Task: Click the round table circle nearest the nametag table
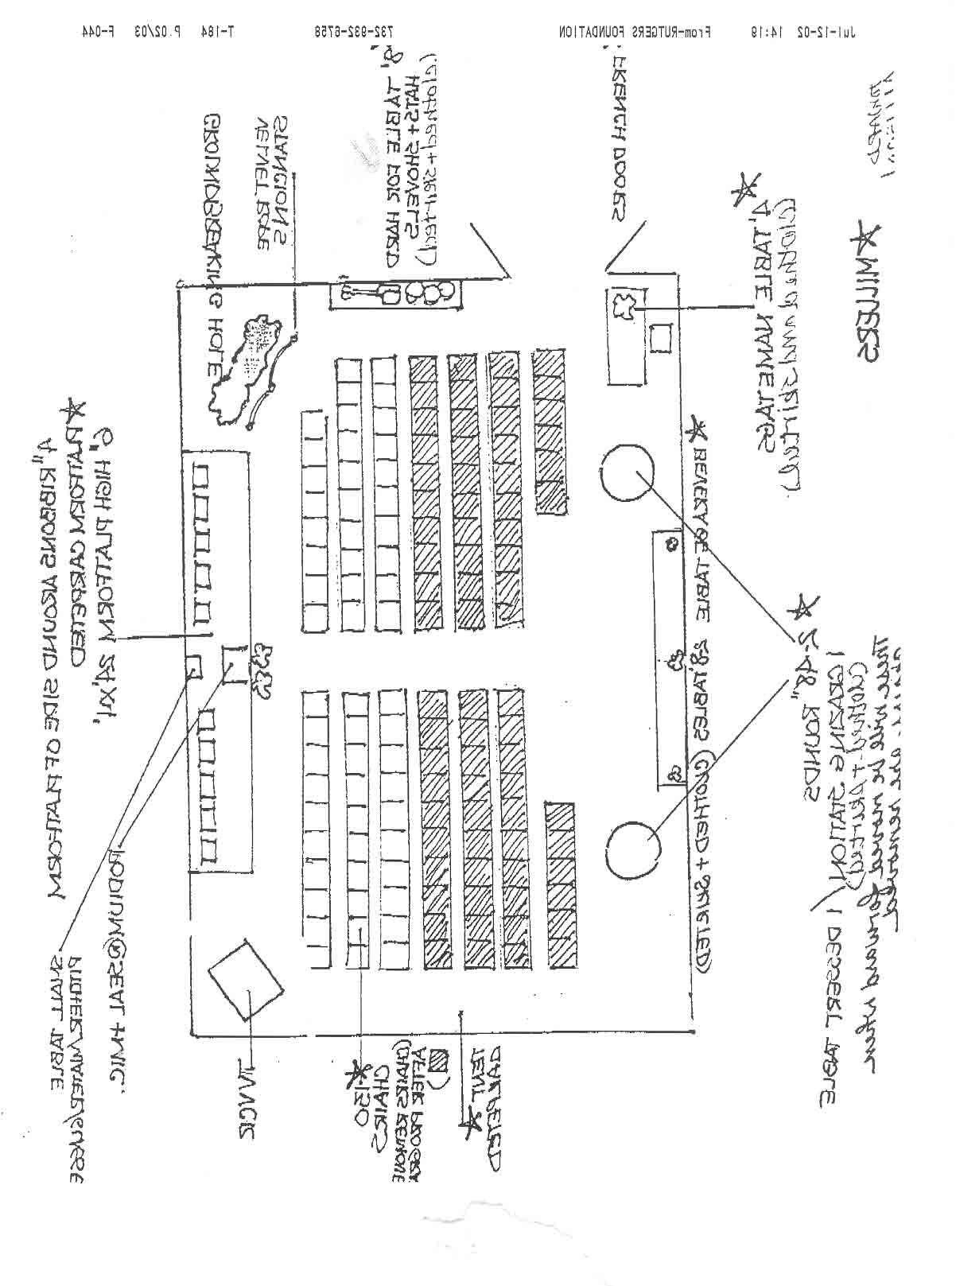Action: click(628, 472)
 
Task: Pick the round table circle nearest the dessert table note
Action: click(632, 849)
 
